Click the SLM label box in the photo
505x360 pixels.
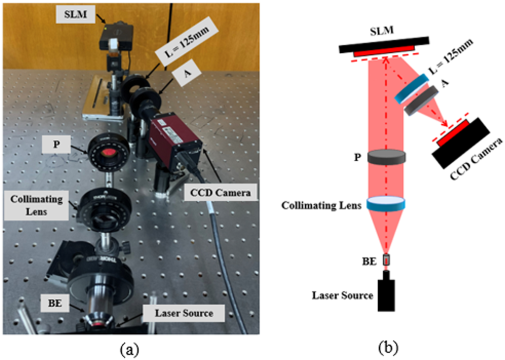(75, 15)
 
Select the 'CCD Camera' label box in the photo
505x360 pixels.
(220, 192)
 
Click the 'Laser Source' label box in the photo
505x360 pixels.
(184, 313)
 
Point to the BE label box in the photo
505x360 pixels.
(55, 303)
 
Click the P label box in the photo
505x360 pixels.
(56, 144)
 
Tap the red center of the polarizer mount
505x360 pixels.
(108, 152)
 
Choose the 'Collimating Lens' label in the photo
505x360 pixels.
(36, 206)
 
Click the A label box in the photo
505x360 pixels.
(187, 73)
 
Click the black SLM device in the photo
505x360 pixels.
(117, 36)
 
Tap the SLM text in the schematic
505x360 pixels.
(382, 31)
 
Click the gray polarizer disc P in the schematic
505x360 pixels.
(387, 157)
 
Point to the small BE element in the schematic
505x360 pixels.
(386, 260)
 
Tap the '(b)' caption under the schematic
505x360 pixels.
(389, 348)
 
